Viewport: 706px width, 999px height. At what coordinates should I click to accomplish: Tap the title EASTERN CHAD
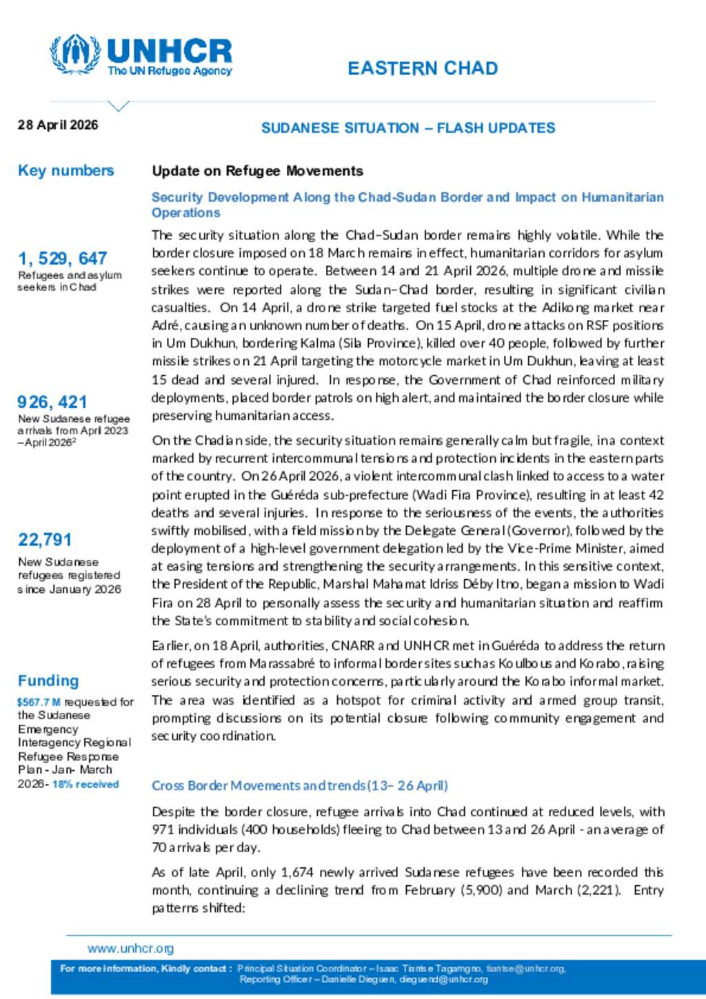(x=423, y=68)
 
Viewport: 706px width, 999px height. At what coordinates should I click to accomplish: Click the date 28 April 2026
(x=58, y=125)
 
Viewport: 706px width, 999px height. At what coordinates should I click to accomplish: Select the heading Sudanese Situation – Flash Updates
(x=408, y=128)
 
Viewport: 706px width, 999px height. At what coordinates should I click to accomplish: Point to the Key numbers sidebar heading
(x=65, y=171)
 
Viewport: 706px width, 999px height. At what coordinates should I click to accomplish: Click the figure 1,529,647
(x=62, y=259)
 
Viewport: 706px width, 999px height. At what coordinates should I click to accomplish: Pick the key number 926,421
(x=52, y=402)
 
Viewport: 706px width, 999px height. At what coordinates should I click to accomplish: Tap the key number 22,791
(x=45, y=539)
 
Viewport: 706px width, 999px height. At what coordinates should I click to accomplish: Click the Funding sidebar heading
(x=48, y=680)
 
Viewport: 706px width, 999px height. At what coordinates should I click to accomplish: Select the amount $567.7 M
(x=39, y=702)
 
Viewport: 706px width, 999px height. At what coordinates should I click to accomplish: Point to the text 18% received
(x=85, y=784)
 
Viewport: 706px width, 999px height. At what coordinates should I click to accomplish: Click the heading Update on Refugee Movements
(x=257, y=171)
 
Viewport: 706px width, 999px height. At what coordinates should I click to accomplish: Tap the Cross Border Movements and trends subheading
(x=300, y=785)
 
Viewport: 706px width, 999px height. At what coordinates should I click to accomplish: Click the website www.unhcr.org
(x=130, y=949)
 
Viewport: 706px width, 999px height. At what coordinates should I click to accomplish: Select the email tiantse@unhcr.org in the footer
(x=526, y=969)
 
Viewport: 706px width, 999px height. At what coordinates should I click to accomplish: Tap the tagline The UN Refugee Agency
(x=170, y=71)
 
